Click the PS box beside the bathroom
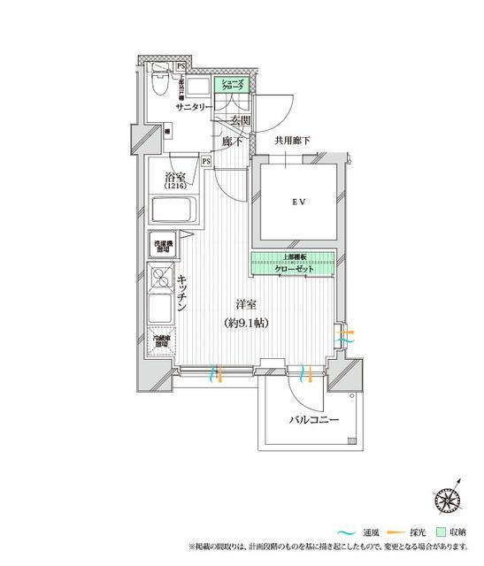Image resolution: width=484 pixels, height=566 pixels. (x=205, y=162)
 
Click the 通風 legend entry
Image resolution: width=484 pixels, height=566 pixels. (x=365, y=532)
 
